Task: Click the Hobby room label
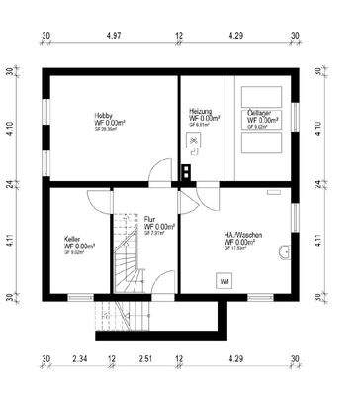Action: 104,114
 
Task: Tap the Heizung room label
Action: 201,112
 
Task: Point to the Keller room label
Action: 72,240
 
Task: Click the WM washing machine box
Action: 225,282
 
